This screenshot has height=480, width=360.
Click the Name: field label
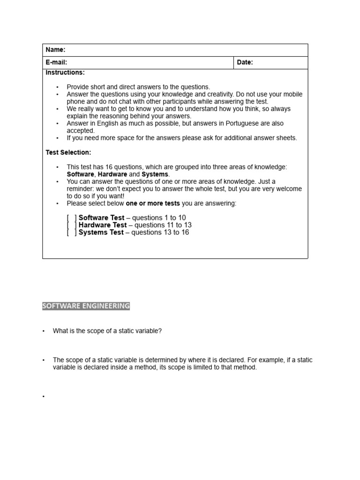(55, 50)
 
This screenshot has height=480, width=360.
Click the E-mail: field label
(56, 62)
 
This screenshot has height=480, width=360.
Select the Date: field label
(245, 62)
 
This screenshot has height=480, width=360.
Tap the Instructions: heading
(65, 73)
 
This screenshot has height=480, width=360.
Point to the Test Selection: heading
(68, 152)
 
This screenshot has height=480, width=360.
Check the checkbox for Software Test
(72, 218)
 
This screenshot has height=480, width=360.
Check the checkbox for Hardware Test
(72, 225)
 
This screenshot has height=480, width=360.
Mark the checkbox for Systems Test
(72, 232)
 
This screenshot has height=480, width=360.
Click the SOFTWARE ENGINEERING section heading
(86, 306)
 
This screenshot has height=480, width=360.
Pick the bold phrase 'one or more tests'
(153, 203)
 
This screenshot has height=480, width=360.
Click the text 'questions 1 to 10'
(159, 218)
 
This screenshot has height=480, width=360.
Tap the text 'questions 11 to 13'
(163, 225)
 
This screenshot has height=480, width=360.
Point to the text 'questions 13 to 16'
(160, 232)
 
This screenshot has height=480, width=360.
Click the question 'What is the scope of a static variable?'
(107, 331)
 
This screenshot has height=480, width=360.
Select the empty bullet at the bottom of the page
(44, 397)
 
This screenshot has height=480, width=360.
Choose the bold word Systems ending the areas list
(155, 174)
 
